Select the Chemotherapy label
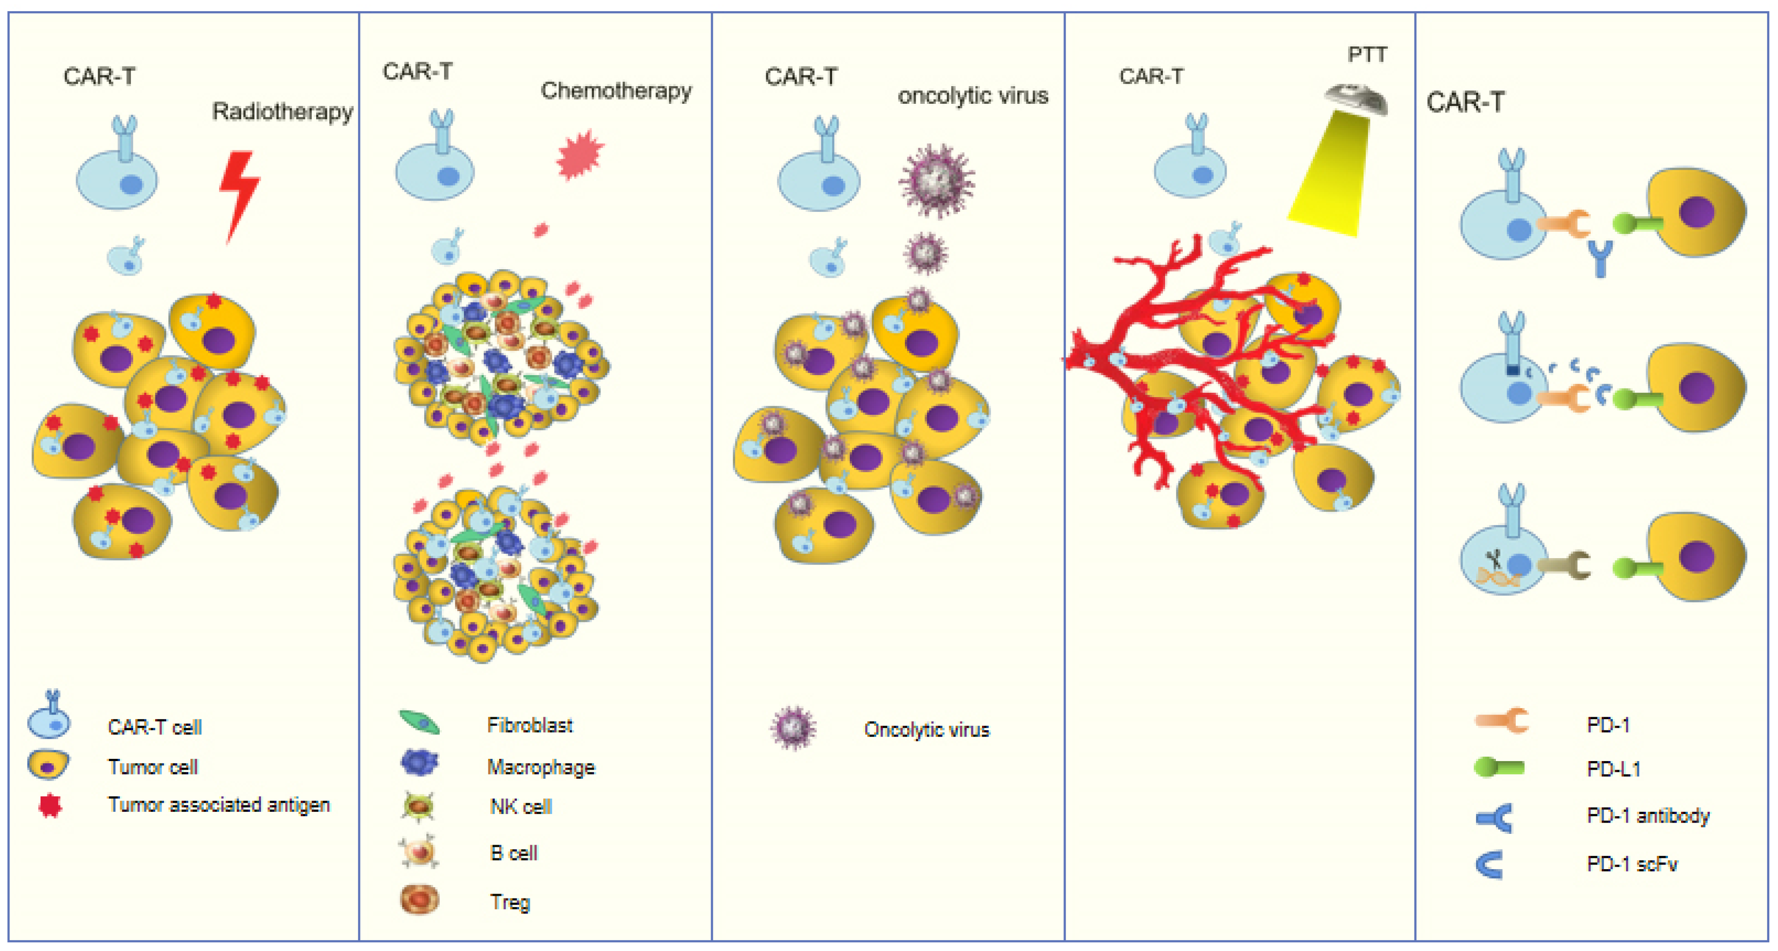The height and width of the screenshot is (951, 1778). pos(615,90)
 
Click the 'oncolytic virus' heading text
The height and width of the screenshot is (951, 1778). pos(973,95)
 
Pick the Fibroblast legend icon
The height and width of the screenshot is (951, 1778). pos(419,723)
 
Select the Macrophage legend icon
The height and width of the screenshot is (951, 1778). pos(419,763)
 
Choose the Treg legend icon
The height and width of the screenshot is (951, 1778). pos(419,899)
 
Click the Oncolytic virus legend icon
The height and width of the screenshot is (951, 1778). pos(793,727)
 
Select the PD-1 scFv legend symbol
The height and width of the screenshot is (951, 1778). pos(1490,864)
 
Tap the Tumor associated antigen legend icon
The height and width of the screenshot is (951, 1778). pos(50,805)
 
